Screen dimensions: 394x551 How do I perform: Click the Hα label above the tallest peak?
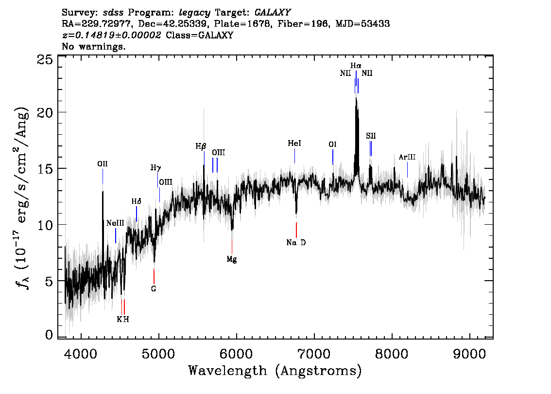click(356, 65)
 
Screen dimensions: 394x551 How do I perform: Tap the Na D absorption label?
click(296, 243)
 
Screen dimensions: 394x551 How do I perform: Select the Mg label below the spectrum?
click(232, 259)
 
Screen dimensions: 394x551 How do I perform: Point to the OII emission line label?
click(103, 164)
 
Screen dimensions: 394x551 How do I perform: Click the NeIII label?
click(115, 223)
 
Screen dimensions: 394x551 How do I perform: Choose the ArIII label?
click(407, 157)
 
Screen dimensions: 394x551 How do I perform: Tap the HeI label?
click(294, 143)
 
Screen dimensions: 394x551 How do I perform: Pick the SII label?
click(371, 136)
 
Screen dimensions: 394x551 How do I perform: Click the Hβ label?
click(201, 146)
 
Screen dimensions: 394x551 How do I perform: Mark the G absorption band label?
click(154, 289)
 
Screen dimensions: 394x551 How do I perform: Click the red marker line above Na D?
click(296, 230)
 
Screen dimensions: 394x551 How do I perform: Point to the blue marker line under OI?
click(333, 157)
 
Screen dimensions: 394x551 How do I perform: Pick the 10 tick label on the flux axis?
click(45, 225)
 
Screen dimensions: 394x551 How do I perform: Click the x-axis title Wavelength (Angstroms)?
click(275, 371)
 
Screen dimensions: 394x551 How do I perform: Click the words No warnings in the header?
click(94, 47)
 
